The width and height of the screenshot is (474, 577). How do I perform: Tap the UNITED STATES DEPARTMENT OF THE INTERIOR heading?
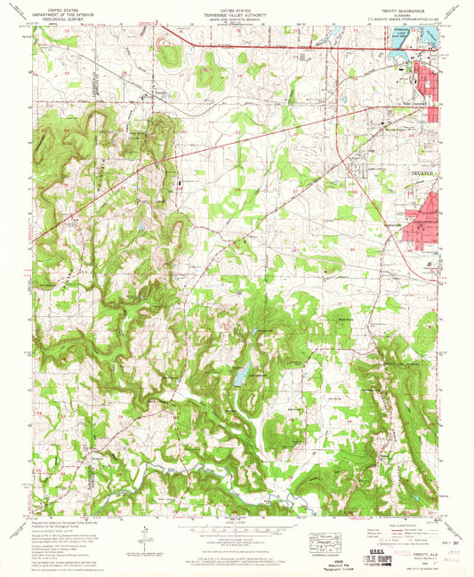coord(68,12)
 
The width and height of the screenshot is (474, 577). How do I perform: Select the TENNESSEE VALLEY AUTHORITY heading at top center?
coord(236,12)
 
